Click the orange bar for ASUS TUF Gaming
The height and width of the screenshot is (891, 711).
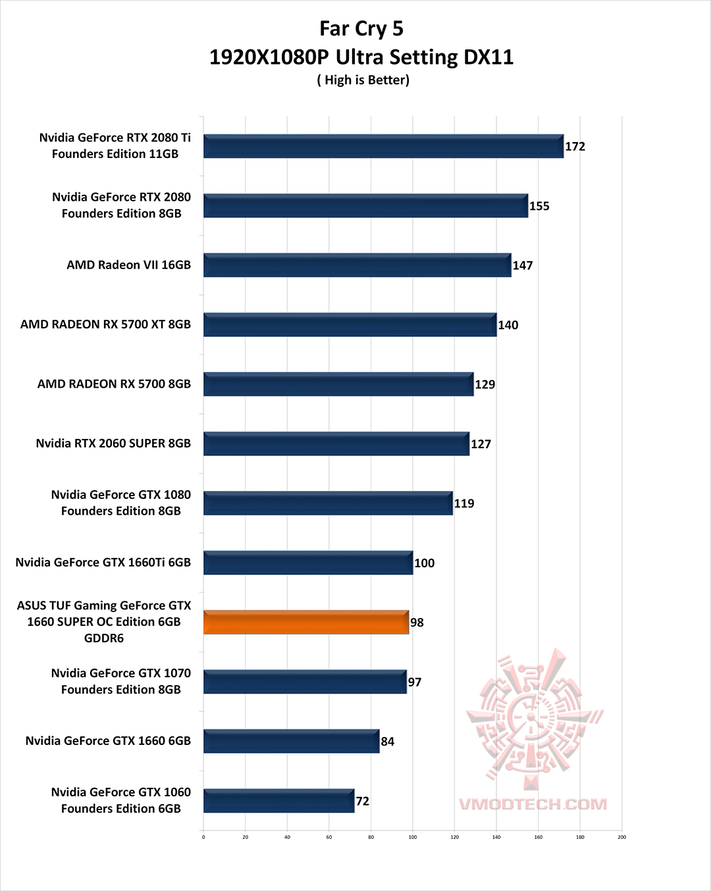tap(306, 623)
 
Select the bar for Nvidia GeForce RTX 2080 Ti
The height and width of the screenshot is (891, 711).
tap(383, 146)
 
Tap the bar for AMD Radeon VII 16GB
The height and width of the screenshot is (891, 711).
tap(357, 265)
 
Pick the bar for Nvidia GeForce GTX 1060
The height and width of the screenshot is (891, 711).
tap(278, 801)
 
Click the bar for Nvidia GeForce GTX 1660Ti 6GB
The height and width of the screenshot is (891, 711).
tap(308, 563)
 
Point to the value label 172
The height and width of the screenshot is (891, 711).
tap(575, 146)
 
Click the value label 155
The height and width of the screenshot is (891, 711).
tap(539, 206)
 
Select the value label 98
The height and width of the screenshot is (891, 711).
tap(417, 623)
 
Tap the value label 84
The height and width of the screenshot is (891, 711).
tap(388, 742)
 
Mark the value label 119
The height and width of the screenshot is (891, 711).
tap(464, 503)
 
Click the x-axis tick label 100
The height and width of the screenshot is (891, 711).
tap(413, 837)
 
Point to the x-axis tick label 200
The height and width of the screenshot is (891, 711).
tap(622, 837)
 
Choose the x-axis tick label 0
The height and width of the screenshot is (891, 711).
tap(203, 837)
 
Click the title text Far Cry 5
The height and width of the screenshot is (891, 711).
tap(361, 28)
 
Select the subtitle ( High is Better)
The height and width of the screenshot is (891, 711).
tap(363, 80)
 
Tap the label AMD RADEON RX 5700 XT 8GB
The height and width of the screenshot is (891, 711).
tap(105, 324)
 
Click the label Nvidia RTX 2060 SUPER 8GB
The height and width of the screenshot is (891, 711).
tap(113, 444)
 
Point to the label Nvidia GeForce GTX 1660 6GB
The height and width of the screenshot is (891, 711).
tap(108, 741)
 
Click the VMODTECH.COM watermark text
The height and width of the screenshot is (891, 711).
tap(533, 804)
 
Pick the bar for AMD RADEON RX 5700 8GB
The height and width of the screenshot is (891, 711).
tap(338, 384)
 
